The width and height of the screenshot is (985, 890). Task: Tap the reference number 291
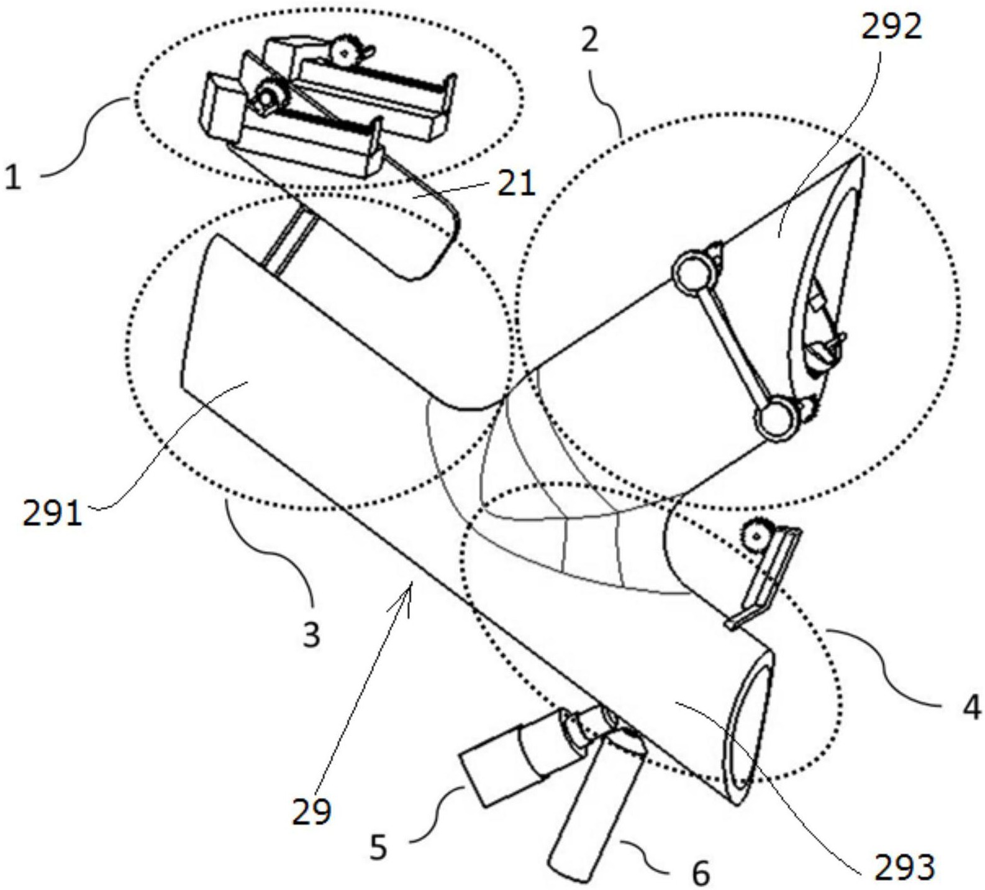(x=52, y=514)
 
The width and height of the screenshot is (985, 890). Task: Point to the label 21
(x=515, y=184)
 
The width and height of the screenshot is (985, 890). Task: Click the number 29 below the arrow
(x=312, y=811)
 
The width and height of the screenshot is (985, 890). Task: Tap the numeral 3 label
(x=311, y=635)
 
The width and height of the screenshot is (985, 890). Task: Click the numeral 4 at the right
(x=972, y=707)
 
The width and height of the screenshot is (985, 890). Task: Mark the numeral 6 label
(x=701, y=874)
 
